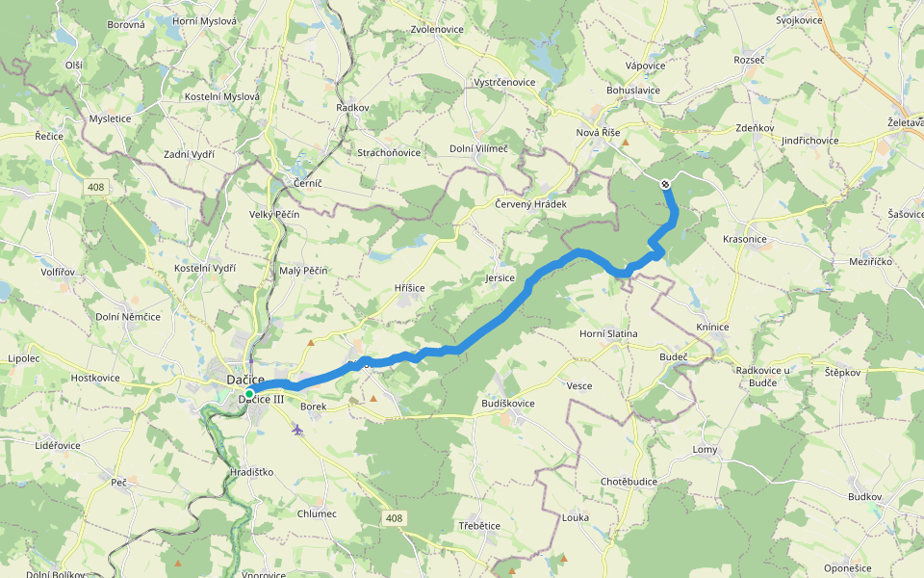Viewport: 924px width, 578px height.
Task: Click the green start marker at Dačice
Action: pos(248,394)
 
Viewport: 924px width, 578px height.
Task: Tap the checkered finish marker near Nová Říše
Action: pos(665,184)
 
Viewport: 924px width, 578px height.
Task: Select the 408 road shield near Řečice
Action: pos(94,186)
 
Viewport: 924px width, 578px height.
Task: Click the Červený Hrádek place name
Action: pos(530,204)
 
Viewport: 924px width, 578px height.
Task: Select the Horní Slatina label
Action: pos(608,333)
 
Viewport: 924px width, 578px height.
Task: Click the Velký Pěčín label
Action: pos(274,214)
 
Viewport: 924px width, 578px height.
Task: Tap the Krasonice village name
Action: pos(744,238)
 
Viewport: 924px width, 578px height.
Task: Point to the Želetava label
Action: pos(905,122)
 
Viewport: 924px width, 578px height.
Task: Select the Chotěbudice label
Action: pos(629,481)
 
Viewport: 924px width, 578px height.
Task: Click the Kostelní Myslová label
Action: pos(222,96)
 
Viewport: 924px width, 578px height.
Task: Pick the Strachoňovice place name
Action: pos(389,152)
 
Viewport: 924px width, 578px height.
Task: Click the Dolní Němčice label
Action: pos(128,316)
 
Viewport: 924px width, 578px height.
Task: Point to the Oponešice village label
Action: pos(848,567)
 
